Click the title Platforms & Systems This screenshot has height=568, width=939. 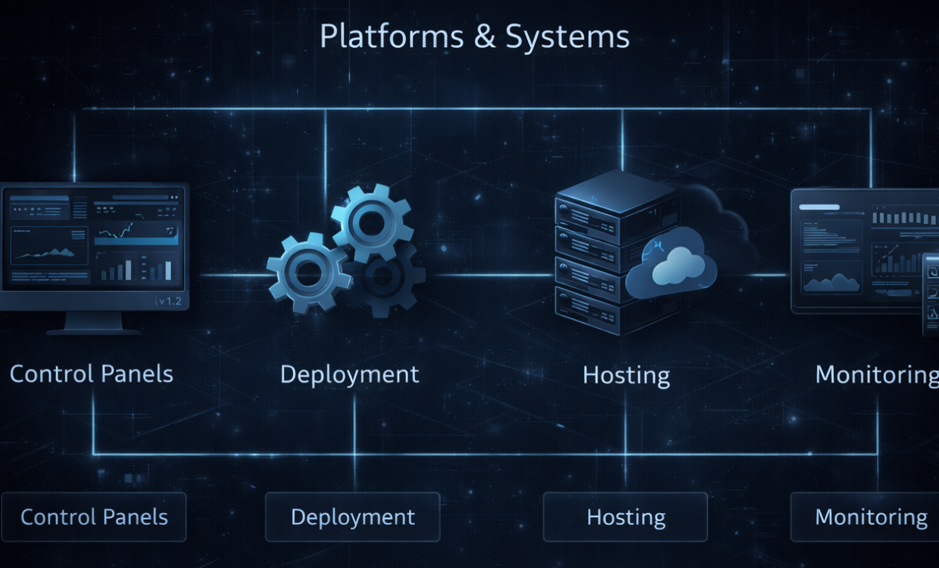click(x=474, y=36)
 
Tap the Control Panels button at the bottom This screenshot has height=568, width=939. click(x=94, y=517)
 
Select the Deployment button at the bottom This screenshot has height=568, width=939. click(x=353, y=517)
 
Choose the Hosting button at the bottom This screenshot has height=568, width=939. click(x=625, y=517)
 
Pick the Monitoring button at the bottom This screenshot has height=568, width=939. click(x=871, y=517)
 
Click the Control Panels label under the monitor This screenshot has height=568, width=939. click(x=92, y=374)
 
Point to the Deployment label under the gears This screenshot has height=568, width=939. click(x=349, y=374)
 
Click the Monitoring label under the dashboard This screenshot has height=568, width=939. click(x=875, y=375)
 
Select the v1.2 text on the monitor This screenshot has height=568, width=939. click(x=168, y=301)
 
